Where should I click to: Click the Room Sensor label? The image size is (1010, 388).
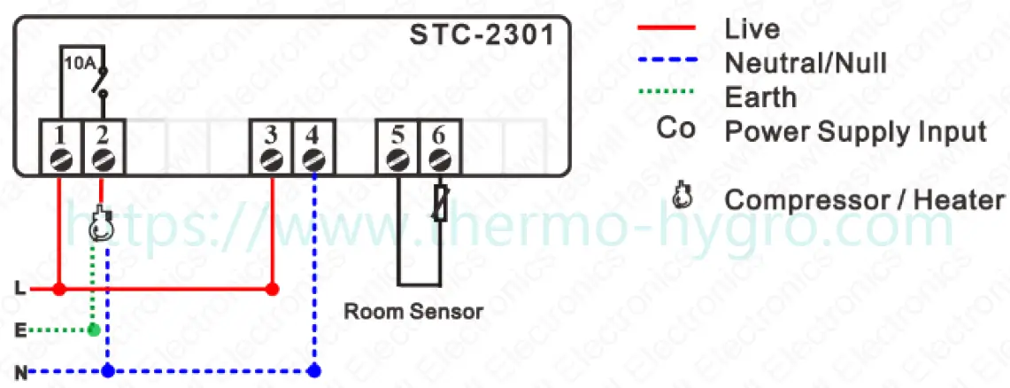413,311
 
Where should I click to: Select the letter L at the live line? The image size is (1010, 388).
19,288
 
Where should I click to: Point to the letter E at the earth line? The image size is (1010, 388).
19,330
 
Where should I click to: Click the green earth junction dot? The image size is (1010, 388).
92,330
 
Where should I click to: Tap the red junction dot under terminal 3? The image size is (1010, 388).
272,289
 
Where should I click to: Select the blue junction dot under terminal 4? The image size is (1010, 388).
314,370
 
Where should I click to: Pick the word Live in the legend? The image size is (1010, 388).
752,28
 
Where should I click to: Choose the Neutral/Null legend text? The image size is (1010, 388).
805,62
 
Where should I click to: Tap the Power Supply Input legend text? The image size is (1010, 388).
854,132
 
